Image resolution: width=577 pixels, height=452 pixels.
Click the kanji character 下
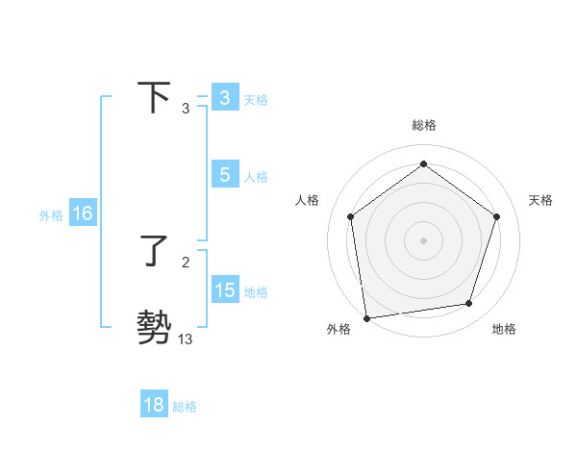155,98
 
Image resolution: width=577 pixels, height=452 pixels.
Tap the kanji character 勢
155,327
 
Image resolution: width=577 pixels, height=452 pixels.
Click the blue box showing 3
224,98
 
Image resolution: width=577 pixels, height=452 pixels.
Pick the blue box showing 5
224,175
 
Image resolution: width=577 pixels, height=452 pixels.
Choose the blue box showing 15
224,290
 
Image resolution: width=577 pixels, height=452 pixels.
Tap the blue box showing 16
83,213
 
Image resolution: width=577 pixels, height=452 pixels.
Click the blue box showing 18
154,405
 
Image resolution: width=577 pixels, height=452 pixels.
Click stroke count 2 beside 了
185,262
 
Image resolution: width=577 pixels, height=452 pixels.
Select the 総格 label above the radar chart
423,125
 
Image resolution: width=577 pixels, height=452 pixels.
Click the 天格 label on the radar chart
540,200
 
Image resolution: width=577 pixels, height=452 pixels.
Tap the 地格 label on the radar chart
504,329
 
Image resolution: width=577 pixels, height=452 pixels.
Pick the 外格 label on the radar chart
339,329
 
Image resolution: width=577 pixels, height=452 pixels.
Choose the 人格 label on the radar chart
308,200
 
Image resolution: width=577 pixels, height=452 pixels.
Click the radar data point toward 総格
423,164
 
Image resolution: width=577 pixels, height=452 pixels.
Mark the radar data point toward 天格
496,216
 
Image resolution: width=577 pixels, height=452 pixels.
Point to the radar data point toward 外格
366,316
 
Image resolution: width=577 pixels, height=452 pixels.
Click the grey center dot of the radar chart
423,239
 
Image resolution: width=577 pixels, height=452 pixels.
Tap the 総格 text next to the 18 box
185,407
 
